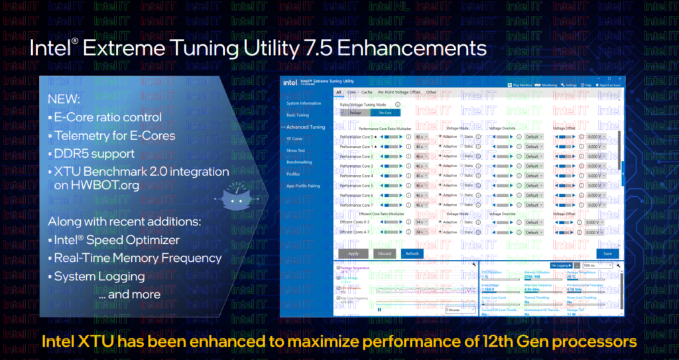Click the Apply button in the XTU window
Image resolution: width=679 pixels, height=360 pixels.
pos(353,253)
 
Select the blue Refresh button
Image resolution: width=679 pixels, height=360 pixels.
pos(410,253)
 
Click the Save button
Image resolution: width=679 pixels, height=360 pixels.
pos(607,253)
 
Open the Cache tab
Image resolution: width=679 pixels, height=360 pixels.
pos(367,92)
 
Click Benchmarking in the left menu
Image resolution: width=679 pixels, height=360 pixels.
pos(299,162)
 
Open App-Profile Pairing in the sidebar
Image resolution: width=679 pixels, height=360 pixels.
pos(303,186)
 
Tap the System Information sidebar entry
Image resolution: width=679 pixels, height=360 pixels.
pos(304,103)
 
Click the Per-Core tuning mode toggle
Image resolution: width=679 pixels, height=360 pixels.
pos(385,113)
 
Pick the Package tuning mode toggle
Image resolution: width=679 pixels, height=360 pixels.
pos(355,113)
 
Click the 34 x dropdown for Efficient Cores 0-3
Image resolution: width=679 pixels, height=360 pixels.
pos(421,222)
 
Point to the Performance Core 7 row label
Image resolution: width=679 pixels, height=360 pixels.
pos(357,205)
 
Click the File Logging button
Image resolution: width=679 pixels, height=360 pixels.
pos(561,265)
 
